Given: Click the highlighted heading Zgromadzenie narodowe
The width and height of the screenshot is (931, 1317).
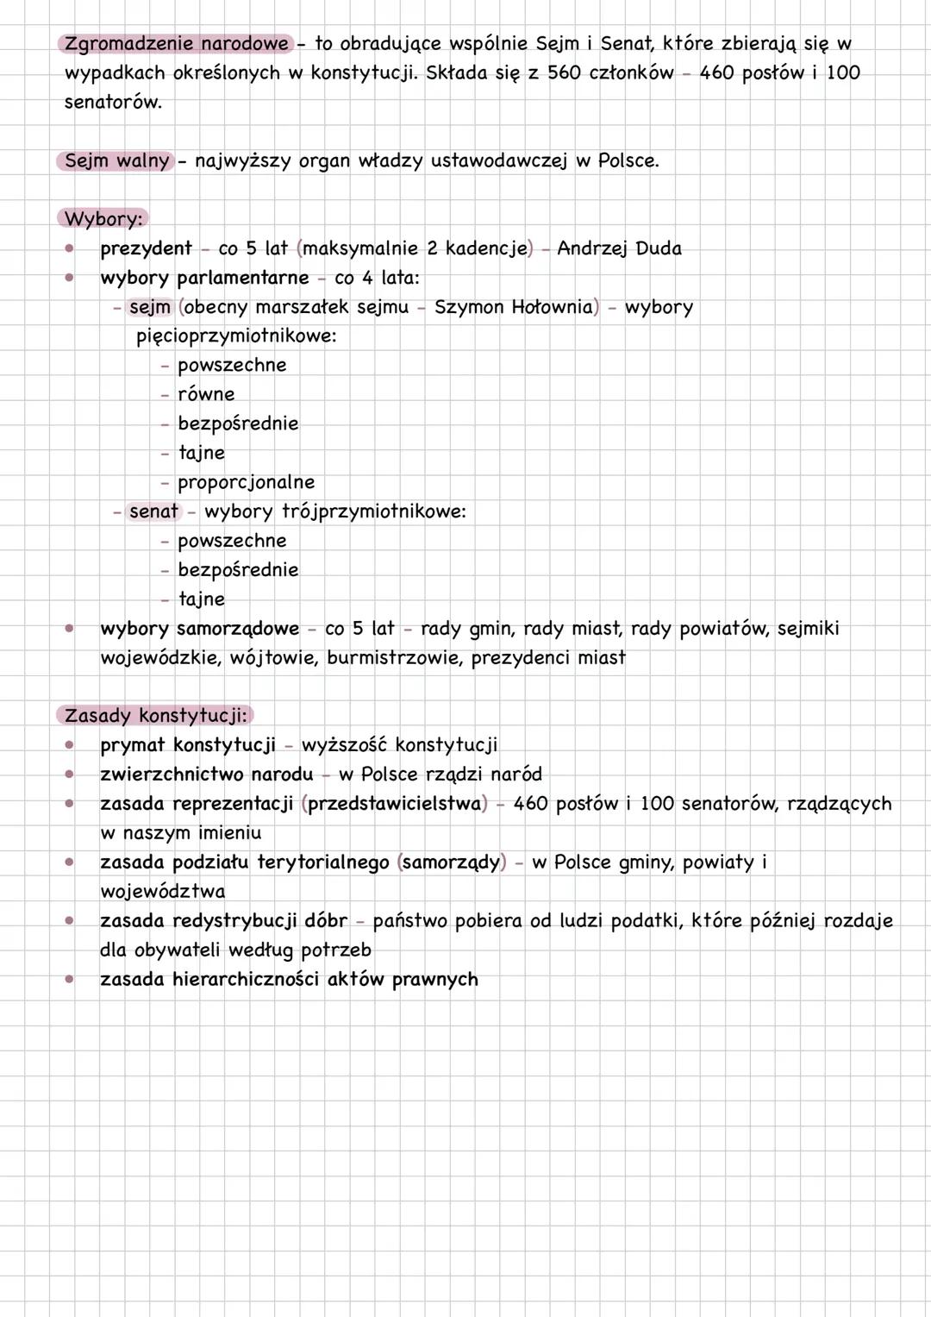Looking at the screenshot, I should (x=177, y=43).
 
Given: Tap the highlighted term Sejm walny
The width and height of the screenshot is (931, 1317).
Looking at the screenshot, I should (x=116, y=160).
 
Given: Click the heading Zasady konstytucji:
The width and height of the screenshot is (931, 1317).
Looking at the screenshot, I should (x=156, y=715).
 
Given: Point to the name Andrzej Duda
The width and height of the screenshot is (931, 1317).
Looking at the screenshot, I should (x=619, y=248).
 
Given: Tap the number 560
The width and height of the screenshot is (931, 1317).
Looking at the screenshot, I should (x=565, y=72).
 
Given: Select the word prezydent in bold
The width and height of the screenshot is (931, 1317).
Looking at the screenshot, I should (x=146, y=248).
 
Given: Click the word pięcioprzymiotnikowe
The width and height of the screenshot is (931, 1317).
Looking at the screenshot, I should (x=234, y=336).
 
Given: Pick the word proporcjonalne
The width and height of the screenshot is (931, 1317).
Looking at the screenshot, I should (x=246, y=482).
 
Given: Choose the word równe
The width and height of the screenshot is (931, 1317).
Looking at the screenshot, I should (x=206, y=394).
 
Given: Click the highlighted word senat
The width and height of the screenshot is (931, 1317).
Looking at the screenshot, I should (x=153, y=511).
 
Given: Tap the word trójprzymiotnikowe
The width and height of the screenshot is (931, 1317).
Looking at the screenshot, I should (x=373, y=511).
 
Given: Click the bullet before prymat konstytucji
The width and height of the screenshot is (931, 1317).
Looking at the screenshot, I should (x=69, y=744).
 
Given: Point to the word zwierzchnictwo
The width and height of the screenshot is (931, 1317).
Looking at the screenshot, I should (x=172, y=775).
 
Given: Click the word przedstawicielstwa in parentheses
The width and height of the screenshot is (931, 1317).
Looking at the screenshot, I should (x=394, y=804).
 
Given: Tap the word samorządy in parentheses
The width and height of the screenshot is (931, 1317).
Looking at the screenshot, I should (x=451, y=862).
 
